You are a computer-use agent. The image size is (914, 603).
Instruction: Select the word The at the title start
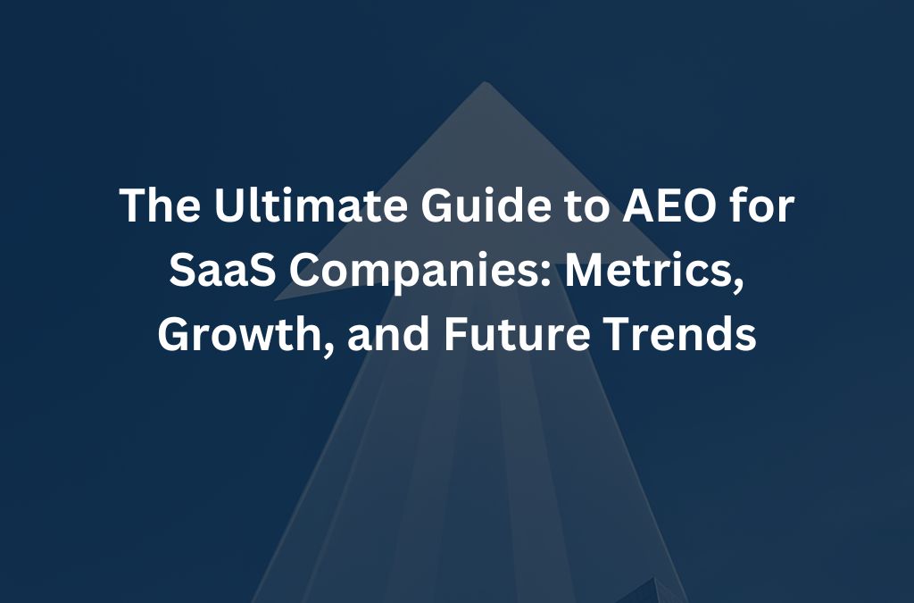pos(151,207)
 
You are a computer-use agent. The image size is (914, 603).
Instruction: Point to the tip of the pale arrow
pos(485,84)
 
